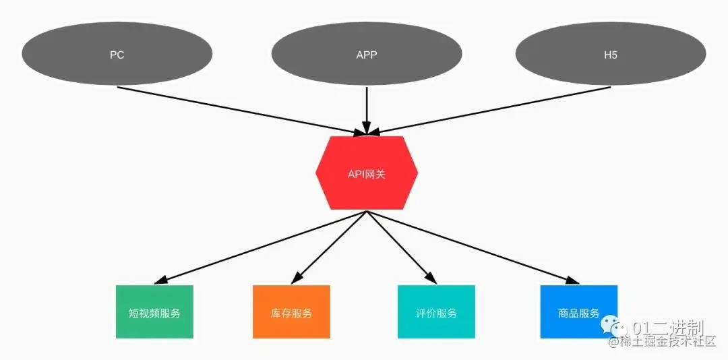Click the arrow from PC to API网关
pyautogui.click(x=236, y=109)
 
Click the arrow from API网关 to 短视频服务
pyautogui.click(x=263, y=246)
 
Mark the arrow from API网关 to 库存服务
pyautogui.click(x=330, y=246)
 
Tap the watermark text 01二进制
pyautogui.click(x=667, y=328)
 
